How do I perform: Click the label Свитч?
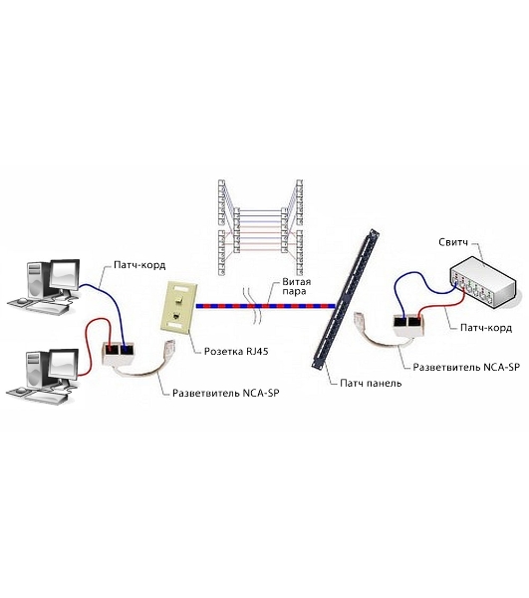(x=452, y=242)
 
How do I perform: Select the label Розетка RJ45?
(x=236, y=351)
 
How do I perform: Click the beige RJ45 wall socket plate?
(x=178, y=307)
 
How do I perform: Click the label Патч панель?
(x=371, y=383)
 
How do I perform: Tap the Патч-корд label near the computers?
(x=139, y=265)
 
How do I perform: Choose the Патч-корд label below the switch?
(x=486, y=328)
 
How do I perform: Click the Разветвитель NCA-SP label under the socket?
(x=225, y=393)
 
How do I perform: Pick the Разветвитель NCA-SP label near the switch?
(x=466, y=367)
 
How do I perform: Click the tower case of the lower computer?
(x=37, y=369)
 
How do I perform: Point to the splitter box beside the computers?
(x=119, y=353)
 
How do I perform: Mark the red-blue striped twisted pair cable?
(x=266, y=306)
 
